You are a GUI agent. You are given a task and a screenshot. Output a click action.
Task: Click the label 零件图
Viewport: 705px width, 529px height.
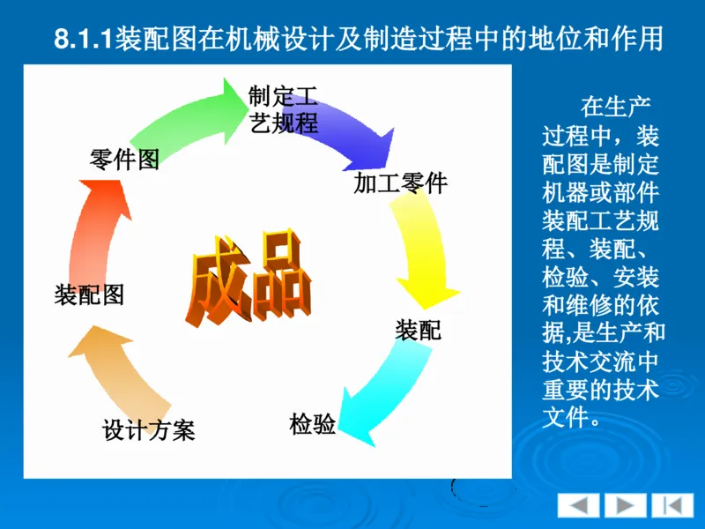click(124, 159)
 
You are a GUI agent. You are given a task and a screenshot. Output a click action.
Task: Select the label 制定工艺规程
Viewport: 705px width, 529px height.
click(283, 109)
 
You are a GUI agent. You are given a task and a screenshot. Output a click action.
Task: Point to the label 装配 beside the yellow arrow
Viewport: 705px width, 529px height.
click(418, 331)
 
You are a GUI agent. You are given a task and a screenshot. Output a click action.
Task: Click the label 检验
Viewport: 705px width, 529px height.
click(313, 423)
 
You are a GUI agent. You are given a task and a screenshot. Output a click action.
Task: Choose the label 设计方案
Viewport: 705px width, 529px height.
click(148, 429)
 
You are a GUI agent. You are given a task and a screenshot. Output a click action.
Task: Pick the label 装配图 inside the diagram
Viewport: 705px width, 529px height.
click(89, 294)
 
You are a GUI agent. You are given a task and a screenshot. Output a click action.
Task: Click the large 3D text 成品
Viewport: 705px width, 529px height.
click(249, 278)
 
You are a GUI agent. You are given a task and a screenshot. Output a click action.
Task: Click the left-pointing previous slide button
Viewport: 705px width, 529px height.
click(578, 506)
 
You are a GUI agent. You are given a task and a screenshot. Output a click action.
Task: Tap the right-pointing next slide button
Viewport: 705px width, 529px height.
click(625, 506)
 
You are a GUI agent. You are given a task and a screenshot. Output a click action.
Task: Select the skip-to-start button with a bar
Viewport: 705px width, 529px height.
click(672, 506)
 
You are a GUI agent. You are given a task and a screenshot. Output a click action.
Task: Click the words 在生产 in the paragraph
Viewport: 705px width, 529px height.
click(615, 108)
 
